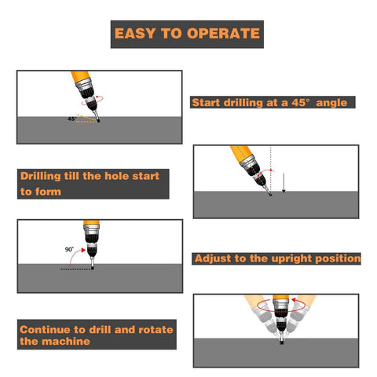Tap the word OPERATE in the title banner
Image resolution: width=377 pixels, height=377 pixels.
coord(223,34)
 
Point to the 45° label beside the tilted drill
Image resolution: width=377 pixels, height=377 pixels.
coord(72,119)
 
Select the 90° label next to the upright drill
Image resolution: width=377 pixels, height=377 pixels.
coord(70,249)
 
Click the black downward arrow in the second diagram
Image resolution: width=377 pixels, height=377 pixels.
coord(284,182)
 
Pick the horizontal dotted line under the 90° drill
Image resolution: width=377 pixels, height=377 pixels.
coord(77,269)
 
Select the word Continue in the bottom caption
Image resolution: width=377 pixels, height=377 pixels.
coord(49,329)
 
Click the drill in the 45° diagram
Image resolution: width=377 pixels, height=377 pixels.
coord(87,93)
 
